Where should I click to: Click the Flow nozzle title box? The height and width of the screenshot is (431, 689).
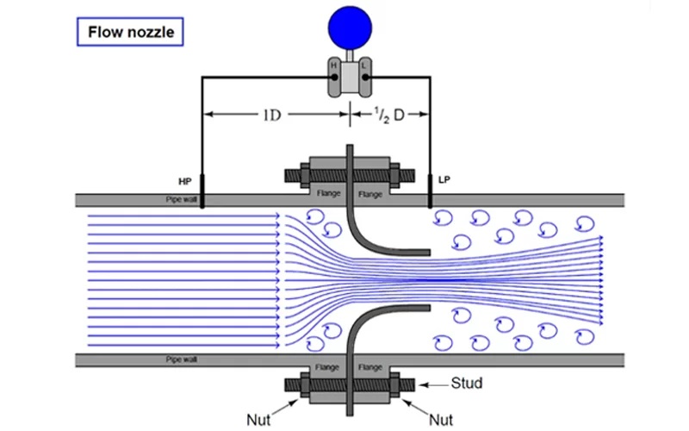click(130, 32)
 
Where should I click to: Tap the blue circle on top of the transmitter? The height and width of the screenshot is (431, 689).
click(350, 28)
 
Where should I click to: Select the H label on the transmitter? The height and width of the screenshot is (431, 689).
click(333, 66)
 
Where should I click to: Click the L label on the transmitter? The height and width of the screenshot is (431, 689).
click(363, 66)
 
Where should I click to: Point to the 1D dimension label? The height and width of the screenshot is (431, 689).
click(271, 116)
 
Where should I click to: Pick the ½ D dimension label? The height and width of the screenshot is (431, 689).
click(389, 116)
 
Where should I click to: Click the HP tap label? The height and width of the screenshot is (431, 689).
click(185, 181)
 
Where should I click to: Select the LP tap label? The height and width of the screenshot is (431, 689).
click(444, 180)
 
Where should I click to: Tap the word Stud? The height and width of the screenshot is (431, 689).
click(467, 383)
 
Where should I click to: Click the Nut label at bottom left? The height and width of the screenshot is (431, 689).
click(258, 420)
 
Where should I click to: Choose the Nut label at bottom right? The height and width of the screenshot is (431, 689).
click(441, 420)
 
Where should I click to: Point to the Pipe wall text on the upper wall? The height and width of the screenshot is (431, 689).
click(182, 199)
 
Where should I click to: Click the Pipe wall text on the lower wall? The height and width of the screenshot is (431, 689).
click(182, 359)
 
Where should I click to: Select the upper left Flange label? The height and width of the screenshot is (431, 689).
click(329, 193)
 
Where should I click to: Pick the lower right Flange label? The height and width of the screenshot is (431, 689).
click(370, 367)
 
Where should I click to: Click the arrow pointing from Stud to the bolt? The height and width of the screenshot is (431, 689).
click(433, 384)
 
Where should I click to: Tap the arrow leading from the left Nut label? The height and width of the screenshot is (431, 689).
click(285, 407)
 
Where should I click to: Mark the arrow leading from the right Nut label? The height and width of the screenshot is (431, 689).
click(415, 407)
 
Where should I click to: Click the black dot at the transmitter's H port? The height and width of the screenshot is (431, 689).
click(334, 78)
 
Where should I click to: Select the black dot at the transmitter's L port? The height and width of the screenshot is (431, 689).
click(365, 78)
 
